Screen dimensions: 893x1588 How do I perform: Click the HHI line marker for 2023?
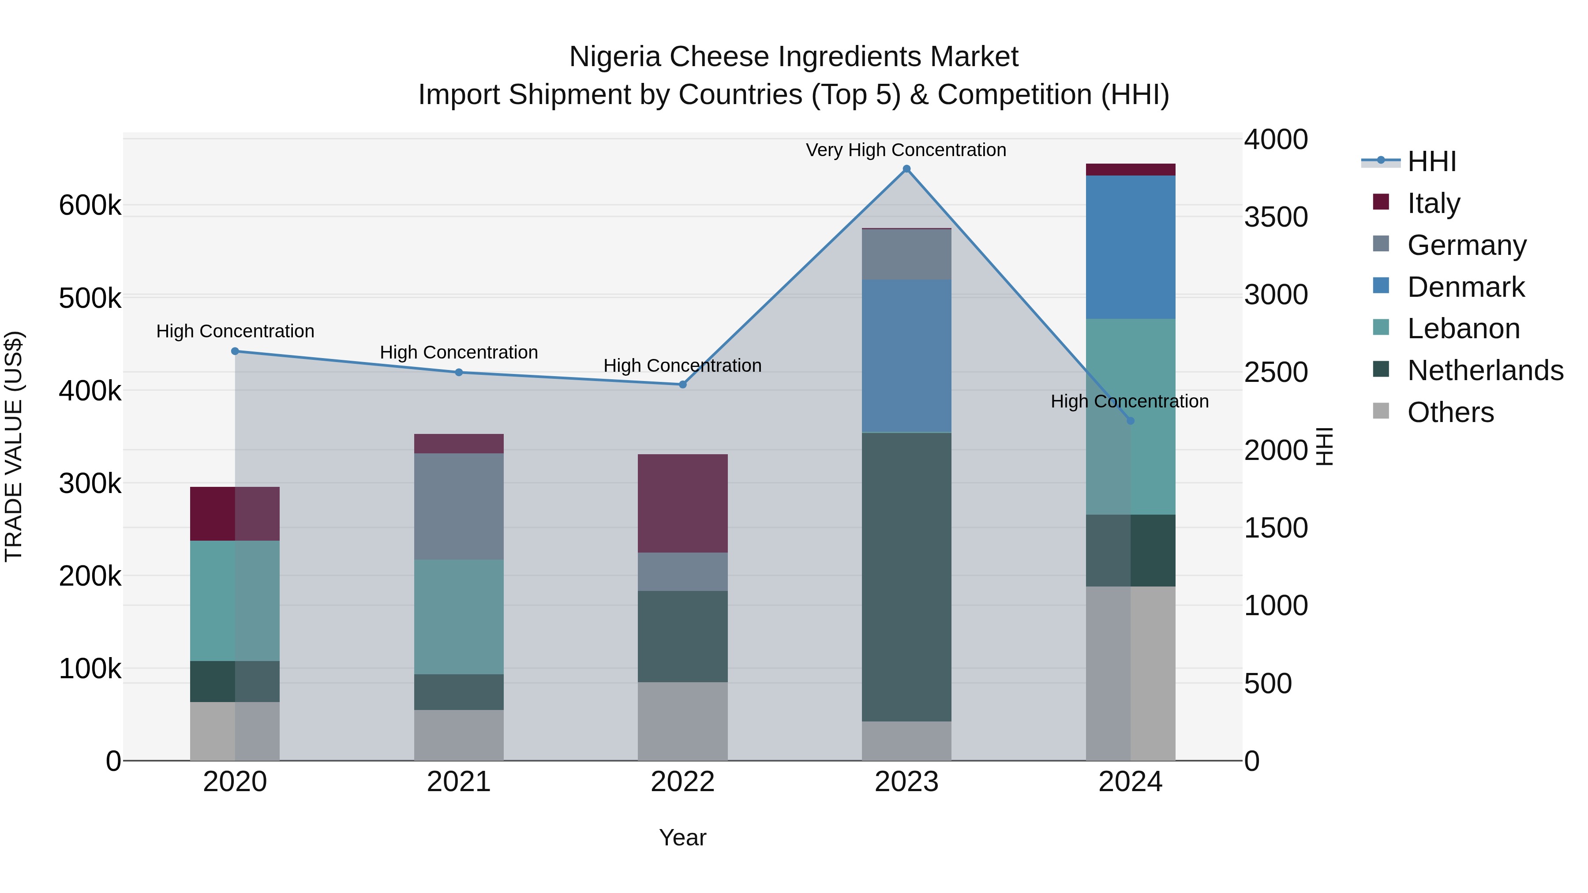906,169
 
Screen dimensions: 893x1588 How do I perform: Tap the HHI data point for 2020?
235,351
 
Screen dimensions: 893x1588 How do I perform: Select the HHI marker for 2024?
1130,421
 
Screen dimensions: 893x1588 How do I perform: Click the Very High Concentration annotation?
906,150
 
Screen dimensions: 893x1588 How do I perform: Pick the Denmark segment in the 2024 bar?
1130,247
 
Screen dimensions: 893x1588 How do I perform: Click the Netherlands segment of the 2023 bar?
906,577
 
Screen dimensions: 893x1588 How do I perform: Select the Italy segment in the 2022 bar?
682,504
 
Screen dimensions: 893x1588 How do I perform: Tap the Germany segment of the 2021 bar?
459,507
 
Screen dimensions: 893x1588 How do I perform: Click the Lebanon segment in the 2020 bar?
235,601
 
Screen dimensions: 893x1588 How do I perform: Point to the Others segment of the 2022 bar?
682,721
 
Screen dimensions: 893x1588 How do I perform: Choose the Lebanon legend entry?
1463,329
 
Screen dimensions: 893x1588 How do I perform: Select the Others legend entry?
1450,412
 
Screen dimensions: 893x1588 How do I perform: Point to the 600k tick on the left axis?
90,205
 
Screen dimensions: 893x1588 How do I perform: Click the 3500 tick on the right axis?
1275,217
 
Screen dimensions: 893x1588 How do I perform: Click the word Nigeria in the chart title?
615,57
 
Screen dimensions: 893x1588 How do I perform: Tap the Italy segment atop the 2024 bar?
1130,169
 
